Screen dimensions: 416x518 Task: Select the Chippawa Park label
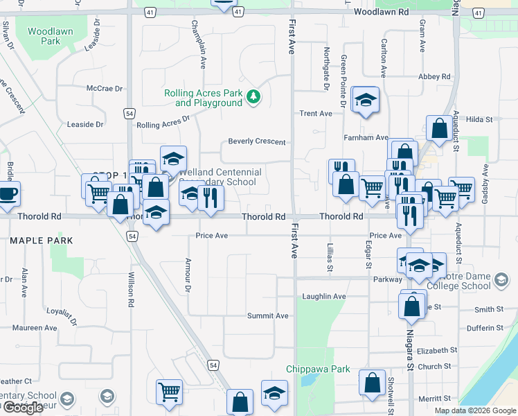click(319, 370)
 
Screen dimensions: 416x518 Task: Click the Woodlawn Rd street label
click(381, 12)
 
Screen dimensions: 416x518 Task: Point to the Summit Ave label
click(268, 315)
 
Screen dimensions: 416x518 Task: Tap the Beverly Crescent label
click(257, 141)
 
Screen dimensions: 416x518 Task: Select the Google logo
click(22, 408)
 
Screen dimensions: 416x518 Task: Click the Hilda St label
click(479, 119)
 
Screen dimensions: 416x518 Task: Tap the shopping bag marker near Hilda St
click(439, 128)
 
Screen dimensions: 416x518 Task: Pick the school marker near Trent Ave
click(364, 100)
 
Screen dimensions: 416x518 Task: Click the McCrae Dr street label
click(104, 89)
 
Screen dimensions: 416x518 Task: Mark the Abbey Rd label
click(434, 76)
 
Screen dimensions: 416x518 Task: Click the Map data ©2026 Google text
click(474, 410)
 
